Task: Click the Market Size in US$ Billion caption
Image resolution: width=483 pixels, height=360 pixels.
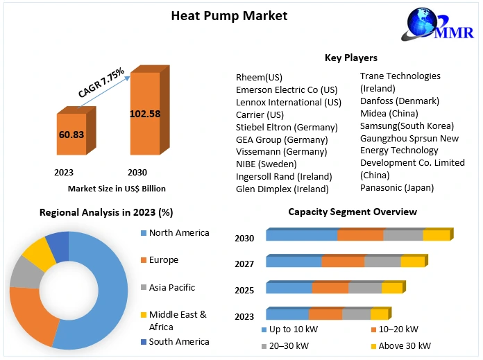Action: pos(117,188)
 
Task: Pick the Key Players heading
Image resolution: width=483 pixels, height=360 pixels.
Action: pos(351,58)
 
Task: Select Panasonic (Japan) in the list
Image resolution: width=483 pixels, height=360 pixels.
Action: pos(396,187)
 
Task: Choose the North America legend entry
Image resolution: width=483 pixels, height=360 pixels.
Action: pos(178,233)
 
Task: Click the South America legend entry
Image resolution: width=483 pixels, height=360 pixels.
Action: pos(178,341)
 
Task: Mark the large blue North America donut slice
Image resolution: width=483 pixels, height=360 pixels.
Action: pos(111,291)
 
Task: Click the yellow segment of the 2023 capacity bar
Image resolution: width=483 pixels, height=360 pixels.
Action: pos(379,314)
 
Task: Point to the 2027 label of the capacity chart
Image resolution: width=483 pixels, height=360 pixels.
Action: pos(244,264)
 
